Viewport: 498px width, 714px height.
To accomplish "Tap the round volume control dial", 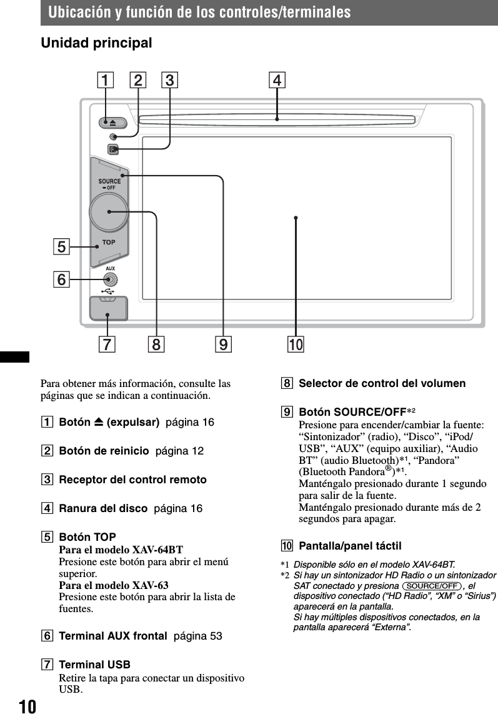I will (x=109, y=212).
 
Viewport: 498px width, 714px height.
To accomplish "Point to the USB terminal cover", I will (x=108, y=309).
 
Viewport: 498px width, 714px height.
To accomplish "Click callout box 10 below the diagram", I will (x=296, y=344).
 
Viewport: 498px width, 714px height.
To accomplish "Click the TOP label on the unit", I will (x=109, y=241).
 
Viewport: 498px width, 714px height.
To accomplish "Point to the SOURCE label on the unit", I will (x=109, y=181).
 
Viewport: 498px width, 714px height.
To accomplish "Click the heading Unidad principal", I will (x=96, y=44).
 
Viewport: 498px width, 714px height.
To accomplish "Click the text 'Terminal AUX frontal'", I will (x=112, y=636).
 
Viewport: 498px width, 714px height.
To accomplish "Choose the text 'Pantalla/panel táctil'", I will (x=350, y=546).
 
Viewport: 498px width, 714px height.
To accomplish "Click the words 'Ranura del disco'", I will (x=103, y=508).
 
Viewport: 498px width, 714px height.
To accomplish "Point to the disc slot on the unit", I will (x=277, y=118).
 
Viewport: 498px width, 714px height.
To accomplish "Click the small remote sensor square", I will (x=112, y=149).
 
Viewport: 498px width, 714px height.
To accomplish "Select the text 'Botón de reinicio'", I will (x=104, y=451).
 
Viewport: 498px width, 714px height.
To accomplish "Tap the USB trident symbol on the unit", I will (x=108, y=290).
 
